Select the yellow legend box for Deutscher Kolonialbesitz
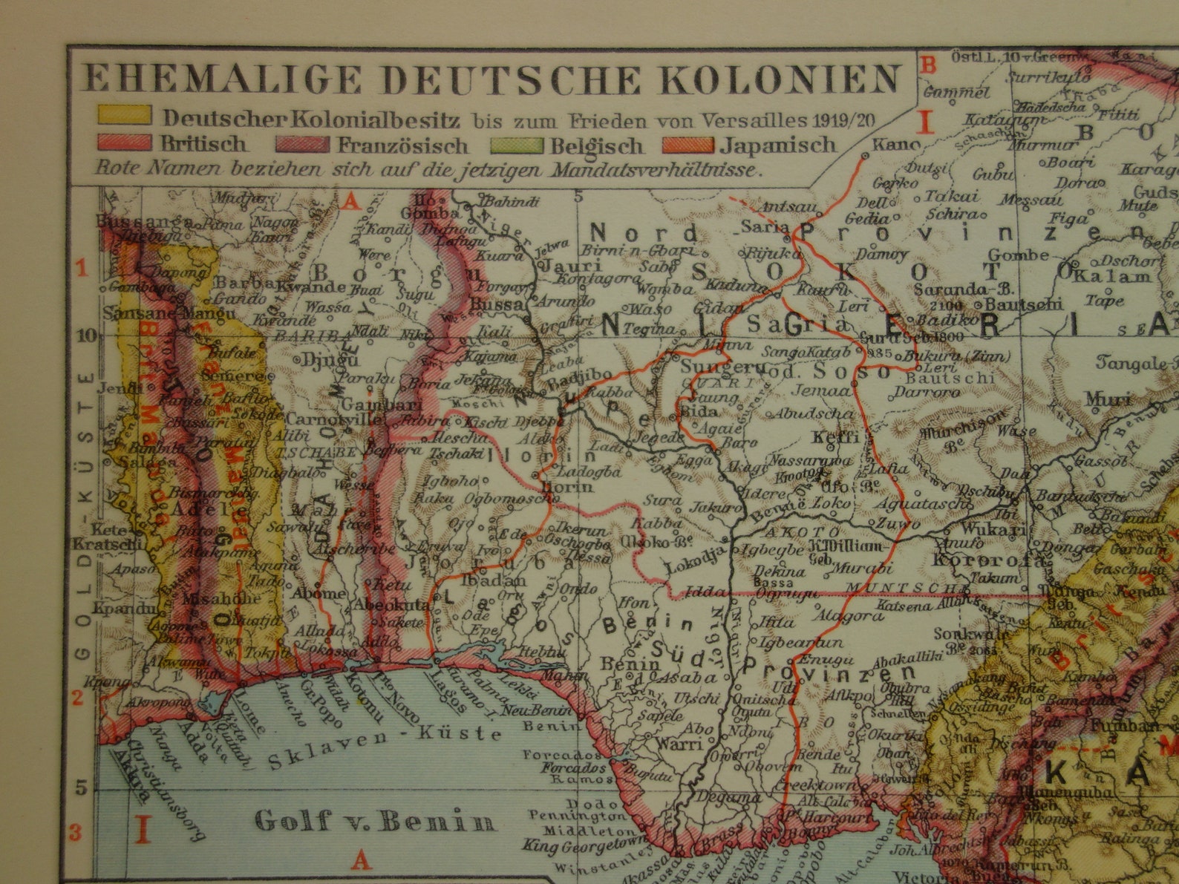124,116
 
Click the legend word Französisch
403,145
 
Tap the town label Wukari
993,530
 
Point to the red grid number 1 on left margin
83,268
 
